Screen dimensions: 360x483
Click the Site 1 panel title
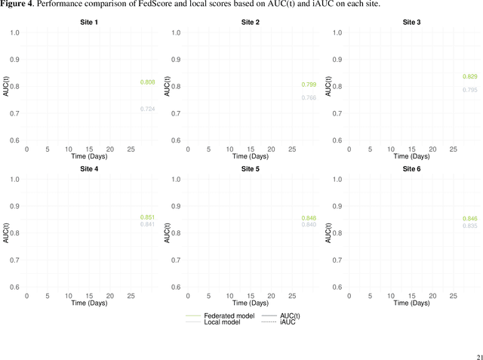(x=90, y=23)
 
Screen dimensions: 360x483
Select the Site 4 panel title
(x=90, y=169)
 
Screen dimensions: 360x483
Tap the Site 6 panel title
(x=410, y=169)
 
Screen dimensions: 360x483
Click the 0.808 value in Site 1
(x=147, y=82)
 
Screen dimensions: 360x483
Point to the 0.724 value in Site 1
(x=147, y=109)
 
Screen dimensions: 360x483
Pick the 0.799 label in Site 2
(x=309, y=85)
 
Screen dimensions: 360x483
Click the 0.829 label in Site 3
(x=469, y=77)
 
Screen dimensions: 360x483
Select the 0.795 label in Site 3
(x=469, y=91)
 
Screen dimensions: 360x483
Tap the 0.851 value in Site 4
(x=147, y=217)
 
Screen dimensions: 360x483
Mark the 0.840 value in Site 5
(x=309, y=225)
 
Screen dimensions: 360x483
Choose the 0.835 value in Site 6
(x=469, y=226)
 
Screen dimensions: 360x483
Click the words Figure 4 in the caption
(x=17, y=5)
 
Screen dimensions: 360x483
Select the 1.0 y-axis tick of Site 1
(x=15, y=32)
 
